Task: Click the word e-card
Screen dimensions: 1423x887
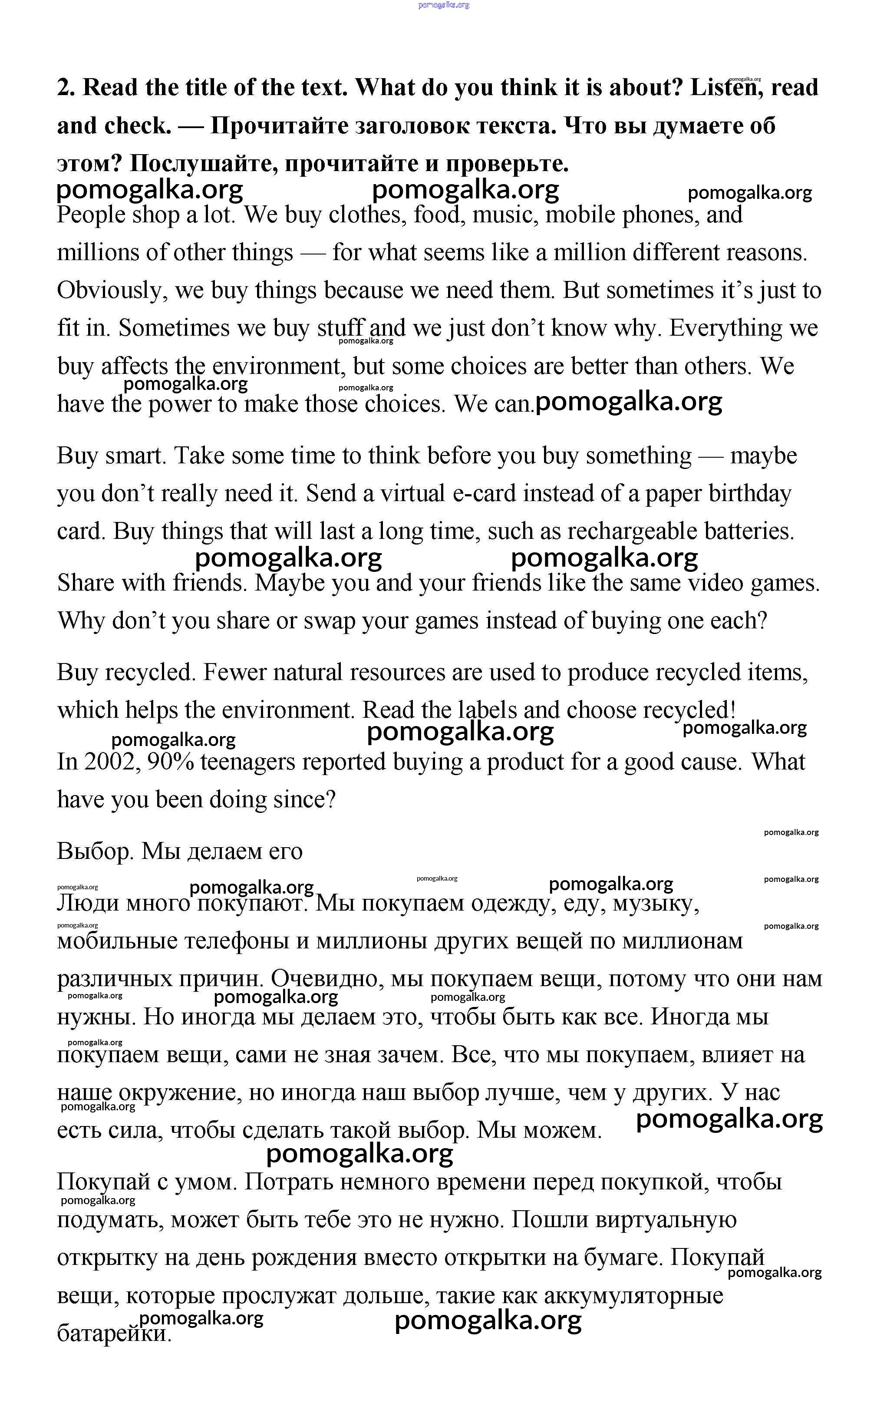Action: click(x=485, y=493)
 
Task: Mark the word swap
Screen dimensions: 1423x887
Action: click(x=329, y=621)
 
